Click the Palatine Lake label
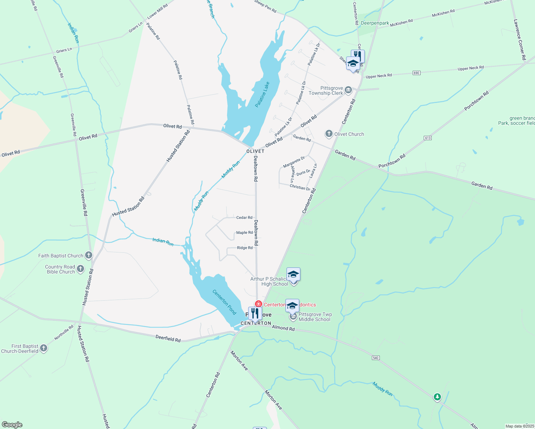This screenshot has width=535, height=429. coord(262,95)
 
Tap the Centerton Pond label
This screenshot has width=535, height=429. coord(224,302)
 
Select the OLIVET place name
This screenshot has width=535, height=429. coord(255,151)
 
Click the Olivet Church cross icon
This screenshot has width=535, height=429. coord(329,134)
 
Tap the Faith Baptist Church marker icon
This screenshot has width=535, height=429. coord(89,256)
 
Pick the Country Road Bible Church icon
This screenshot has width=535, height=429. coord(80,269)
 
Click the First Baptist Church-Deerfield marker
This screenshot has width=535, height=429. coord(44,348)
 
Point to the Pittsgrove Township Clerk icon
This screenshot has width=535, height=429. coord(349,90)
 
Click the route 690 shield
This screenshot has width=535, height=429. coord(416,73)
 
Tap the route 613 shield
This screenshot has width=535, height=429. coord(428,138)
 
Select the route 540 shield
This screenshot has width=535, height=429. coord(376,358)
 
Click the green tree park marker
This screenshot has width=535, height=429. coord(437,397)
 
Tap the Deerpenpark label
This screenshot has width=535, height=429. coord(375,23)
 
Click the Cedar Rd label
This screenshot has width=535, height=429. coord(244,217)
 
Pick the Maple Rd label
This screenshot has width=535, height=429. coord(244,233)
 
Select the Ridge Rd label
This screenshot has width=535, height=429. coord(245,248)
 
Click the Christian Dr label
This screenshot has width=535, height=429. coord(300,187)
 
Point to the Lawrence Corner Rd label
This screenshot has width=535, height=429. coord(520,39)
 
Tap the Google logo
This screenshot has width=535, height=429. coord(12,425)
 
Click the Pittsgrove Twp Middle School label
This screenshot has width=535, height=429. coord(315,317)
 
